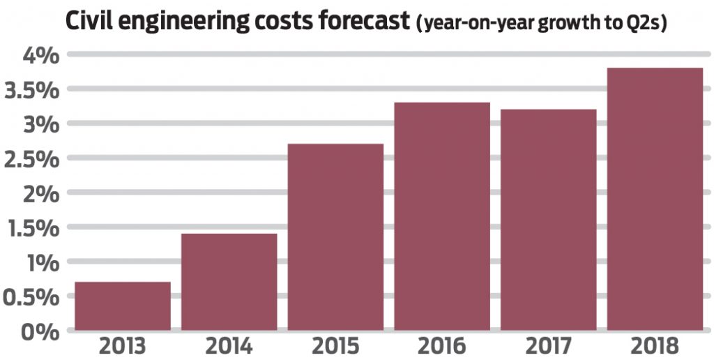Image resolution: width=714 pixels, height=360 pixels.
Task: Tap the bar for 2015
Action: (x=335, y=237)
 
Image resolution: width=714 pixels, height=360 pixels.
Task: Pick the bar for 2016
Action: (x=442, y=216)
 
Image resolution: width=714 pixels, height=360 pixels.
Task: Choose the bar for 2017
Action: (x=548, y=219)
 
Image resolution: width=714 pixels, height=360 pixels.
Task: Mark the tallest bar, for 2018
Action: (x=655, y=199)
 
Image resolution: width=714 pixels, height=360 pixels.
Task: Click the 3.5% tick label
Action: (x=31, y=90)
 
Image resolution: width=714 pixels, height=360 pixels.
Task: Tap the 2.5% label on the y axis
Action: (x=31, y=159)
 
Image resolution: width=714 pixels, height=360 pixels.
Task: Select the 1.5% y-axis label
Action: (x=31, y=228)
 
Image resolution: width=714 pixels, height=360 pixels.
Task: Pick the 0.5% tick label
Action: (x=31, y=297)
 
